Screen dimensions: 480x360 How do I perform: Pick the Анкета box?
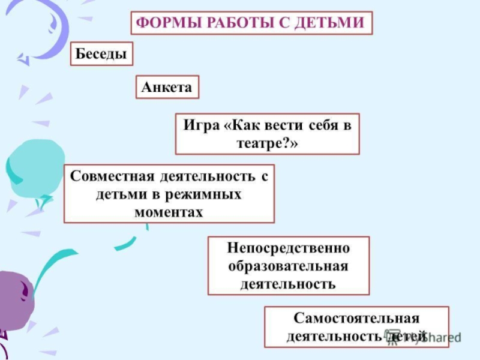click(x=167, y=88)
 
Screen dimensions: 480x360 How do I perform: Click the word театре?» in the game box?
click(x=267, y=144)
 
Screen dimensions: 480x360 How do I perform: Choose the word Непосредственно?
click(x=289, y=248)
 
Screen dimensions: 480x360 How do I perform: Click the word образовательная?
click(x=289, y=265)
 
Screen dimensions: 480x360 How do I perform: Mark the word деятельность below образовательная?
click(x=289, y=283)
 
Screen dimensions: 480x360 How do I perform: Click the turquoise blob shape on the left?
click(x=36, y=169)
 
